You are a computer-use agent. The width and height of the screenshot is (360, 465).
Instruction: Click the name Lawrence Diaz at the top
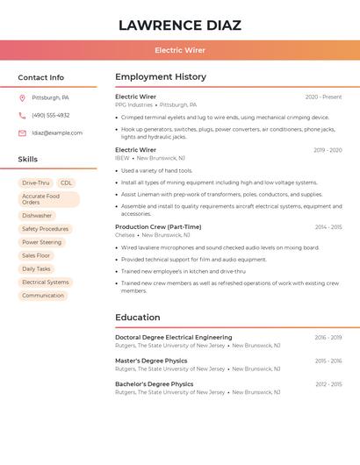point(179,25)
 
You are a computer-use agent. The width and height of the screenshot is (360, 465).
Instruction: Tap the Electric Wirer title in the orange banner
point(179,50)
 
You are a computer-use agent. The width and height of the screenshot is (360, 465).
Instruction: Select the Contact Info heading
point(40,77)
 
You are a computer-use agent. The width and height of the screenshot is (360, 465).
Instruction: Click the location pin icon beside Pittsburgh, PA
point(22,97)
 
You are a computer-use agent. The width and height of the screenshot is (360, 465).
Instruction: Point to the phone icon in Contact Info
point(22,115)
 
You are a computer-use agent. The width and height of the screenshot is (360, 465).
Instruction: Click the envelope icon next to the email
point(22,133)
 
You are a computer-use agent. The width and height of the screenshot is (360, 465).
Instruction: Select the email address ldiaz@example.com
point(57,133)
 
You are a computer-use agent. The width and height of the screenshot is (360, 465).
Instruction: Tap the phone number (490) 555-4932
point(50,115)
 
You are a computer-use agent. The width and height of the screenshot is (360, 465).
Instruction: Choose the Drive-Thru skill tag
point(36,182)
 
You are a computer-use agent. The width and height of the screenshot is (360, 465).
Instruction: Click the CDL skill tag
point(67,182)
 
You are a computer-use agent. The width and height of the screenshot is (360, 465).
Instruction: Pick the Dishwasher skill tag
point(37,215)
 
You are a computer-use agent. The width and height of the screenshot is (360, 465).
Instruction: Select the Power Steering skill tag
point(41,242)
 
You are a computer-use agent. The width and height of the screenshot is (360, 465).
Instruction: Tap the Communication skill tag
point(42,296)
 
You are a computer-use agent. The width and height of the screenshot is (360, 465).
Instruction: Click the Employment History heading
point(161,77)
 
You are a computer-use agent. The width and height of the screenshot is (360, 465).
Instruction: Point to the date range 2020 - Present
point(323,97)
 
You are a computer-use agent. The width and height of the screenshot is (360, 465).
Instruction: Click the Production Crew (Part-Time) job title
point(158,227)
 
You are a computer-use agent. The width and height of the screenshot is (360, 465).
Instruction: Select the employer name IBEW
point(122,158)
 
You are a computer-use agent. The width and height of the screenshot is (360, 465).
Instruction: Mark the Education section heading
point(138,318)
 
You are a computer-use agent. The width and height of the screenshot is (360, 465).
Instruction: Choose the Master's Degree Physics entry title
point(151,361)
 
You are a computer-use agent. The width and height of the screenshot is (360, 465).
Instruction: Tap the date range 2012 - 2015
point(328,384)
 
